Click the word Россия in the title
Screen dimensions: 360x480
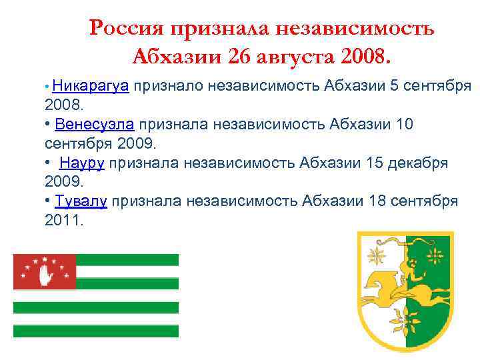pos(127,29)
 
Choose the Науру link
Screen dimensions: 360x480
pos(83,163)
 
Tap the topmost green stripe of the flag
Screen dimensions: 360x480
pos(127,259)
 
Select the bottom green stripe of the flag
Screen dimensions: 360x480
pos(96,331)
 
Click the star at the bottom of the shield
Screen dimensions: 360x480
pos(407,325)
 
